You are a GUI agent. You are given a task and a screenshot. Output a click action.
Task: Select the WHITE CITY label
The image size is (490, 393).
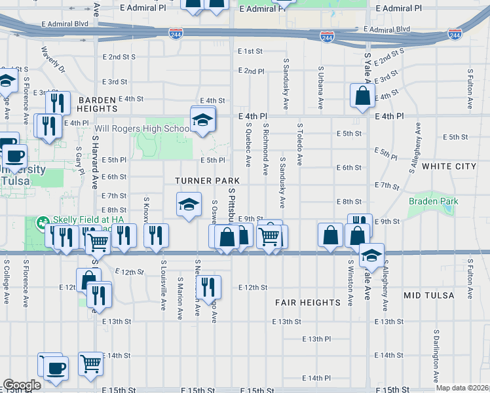449,167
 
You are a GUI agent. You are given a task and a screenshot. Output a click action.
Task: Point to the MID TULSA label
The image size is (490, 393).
429,295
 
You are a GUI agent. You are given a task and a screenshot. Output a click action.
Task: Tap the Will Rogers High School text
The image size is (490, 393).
142,129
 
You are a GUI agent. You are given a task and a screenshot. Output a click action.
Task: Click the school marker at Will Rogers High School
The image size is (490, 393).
203,120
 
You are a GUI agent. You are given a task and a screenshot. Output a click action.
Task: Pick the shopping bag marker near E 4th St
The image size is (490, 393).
362,97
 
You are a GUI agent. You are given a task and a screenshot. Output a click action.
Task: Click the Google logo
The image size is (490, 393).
22,385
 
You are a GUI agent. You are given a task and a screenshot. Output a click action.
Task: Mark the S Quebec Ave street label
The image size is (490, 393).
249,143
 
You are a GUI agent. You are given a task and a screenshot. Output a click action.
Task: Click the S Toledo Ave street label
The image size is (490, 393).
299,143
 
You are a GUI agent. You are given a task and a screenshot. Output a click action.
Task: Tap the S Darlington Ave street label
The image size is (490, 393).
435,348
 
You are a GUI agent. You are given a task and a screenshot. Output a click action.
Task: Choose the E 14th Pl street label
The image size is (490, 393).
317,378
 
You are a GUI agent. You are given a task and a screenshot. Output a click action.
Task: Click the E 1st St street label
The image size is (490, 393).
250,51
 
